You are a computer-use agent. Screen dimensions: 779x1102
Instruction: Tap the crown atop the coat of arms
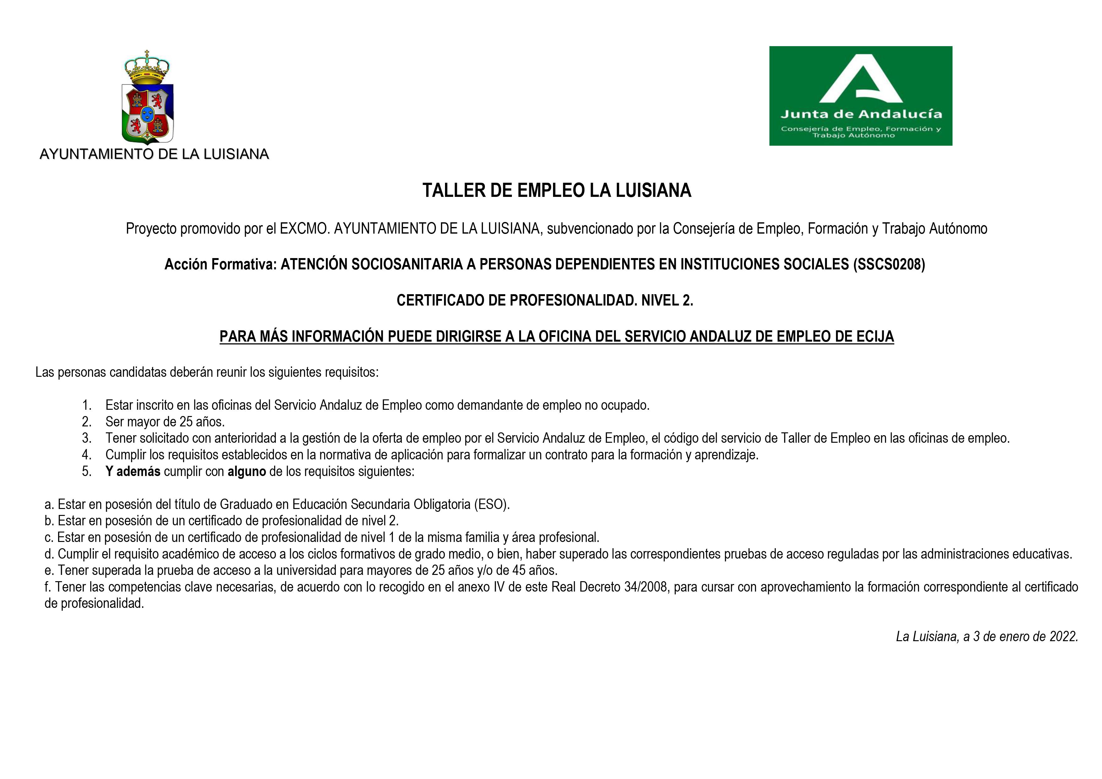pos(147,67)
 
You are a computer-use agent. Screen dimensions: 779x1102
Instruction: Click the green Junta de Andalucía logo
pos(860,96)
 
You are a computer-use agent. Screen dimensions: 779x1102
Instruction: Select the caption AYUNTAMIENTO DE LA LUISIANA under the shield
pos(154,154)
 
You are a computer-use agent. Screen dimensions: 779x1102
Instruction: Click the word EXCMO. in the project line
pos(305,229)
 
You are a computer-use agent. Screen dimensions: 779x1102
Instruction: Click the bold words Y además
pos(133,471)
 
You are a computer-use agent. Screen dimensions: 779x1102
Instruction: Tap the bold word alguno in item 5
pos(247,471)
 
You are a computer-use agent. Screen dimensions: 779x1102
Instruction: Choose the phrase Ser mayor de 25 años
pos(165,422)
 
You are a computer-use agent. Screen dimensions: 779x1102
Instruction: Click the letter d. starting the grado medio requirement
pos(49,554)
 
